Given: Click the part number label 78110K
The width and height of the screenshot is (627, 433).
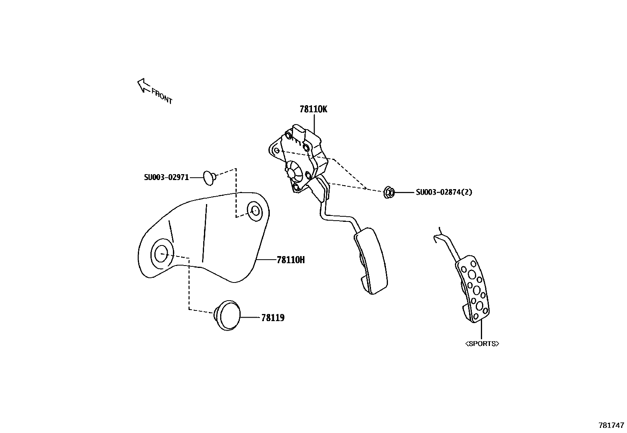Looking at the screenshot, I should coord(313,109).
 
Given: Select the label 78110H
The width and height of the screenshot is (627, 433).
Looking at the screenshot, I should coord(291,260).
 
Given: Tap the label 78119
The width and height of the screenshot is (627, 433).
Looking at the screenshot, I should coord(273,318).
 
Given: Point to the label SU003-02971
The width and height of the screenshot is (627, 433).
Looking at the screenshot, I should coord(166,178).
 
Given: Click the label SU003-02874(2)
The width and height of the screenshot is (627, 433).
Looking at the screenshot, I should coord(444,192).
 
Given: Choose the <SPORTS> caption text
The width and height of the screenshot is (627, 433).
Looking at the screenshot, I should coord(482,344).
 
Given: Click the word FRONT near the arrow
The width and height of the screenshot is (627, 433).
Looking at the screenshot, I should coord(162,97).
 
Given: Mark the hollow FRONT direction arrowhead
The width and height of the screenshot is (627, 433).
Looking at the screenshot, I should coord(141,83).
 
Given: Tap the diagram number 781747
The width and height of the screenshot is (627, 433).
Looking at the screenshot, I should coord(611,425).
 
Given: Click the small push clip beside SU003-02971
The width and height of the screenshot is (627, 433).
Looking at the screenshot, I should coord(209,177).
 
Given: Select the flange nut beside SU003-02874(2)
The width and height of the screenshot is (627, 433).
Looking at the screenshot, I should coord(389,193).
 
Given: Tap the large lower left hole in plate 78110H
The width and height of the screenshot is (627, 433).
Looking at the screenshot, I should coord(161,253).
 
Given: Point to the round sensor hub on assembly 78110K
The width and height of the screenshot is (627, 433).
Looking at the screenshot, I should coord(292,173).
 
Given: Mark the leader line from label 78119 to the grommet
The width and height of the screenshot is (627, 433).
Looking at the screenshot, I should coord(250,318).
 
